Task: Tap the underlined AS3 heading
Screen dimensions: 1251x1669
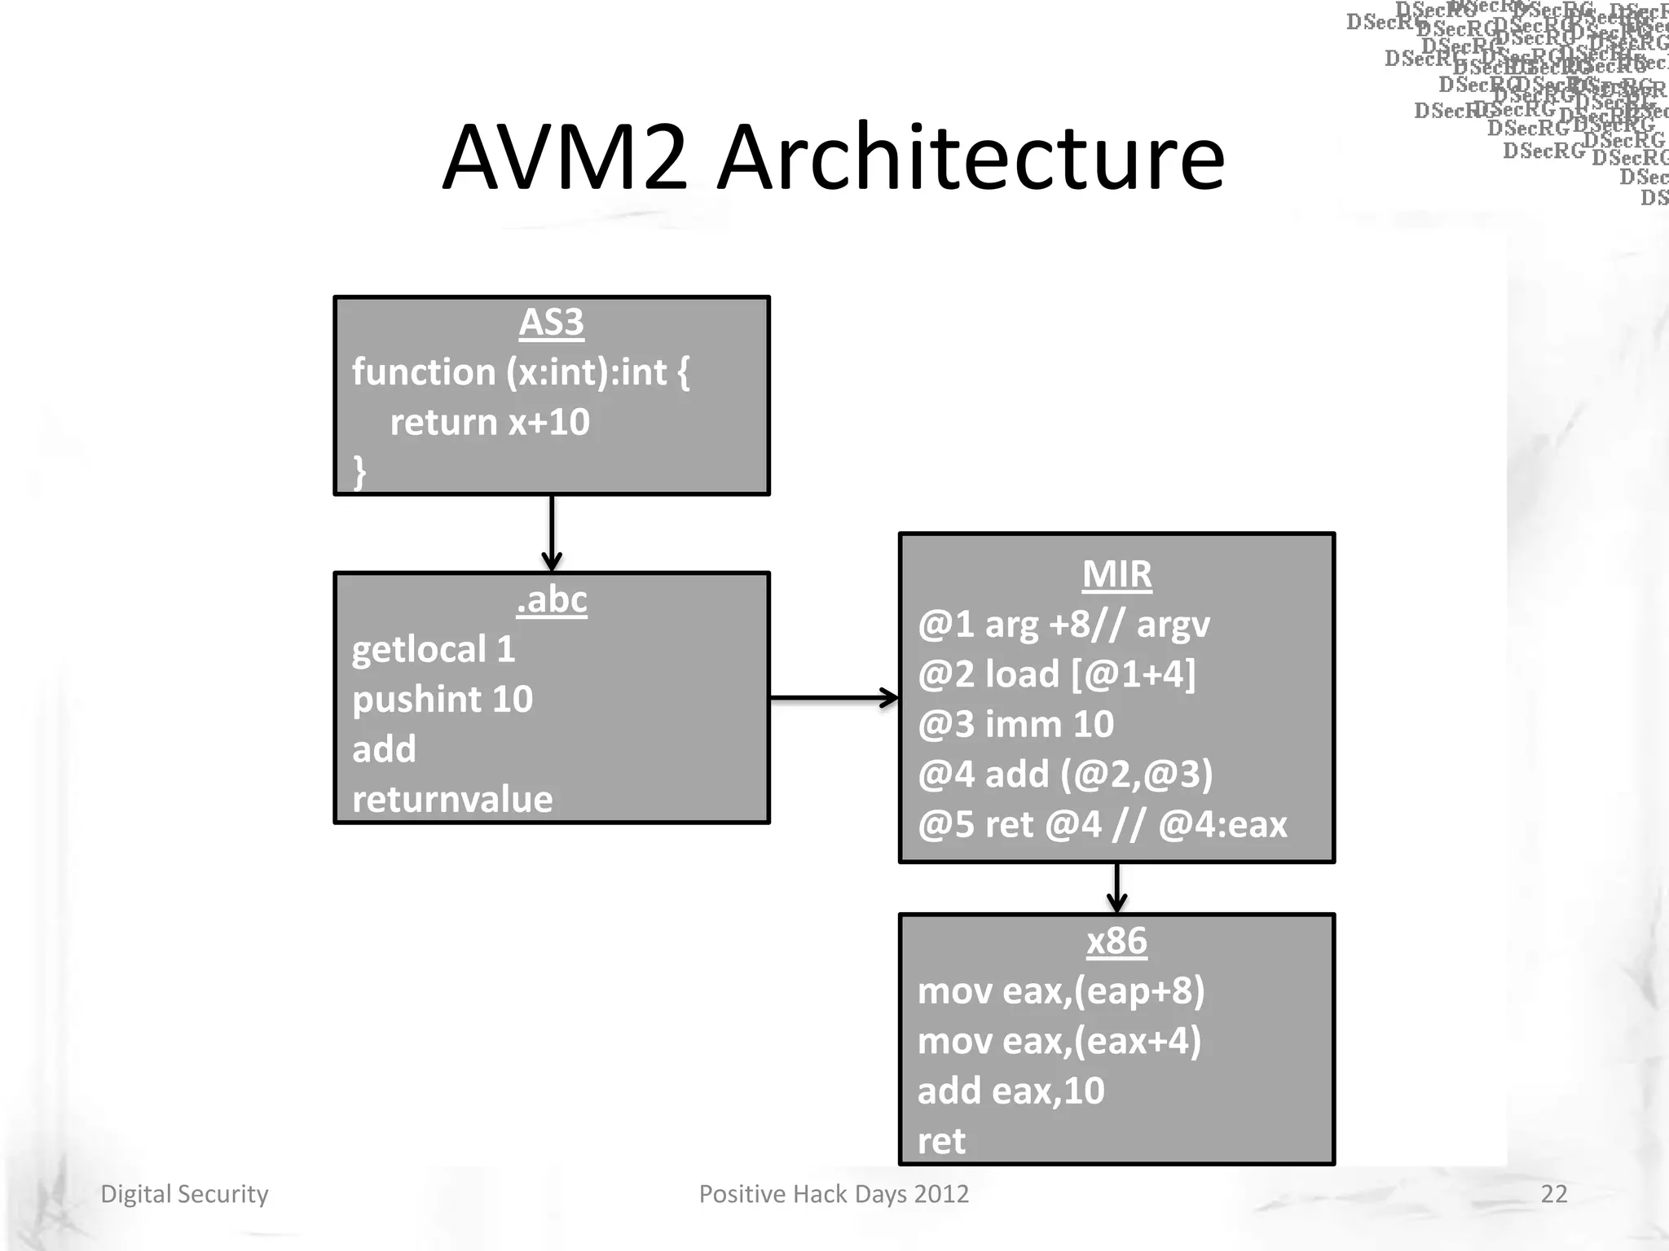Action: click(x=552, y=323)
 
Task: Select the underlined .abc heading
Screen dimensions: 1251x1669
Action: click(x=552, y=600)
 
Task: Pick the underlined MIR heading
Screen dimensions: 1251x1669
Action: click(x=1116, y=574)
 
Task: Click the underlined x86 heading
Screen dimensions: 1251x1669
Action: click(x=1116, y=942)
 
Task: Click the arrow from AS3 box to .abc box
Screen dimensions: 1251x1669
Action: click(x=552, y=533)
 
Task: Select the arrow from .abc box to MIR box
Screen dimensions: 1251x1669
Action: click(x=834, y=698)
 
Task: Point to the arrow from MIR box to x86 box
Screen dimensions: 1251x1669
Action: click(x=1116, y=888)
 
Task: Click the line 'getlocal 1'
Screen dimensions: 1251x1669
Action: click(x=434, y=650)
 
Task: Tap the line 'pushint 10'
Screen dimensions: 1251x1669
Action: click(x=443, y=700)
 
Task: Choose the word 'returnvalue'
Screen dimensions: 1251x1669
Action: click(x=452, y=800)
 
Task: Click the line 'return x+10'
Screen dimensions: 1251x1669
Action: click(x=489, y=423)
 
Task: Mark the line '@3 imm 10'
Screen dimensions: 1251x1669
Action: click(x=1015, y=724)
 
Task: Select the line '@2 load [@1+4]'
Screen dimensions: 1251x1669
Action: click(x=1056, y=674)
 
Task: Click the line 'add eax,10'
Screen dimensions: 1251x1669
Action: click(x=1011, y=1091)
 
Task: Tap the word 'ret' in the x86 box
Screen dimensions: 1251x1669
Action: click(x=941, y=1141)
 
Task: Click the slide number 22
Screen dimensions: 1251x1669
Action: click(x=1553, y=1194)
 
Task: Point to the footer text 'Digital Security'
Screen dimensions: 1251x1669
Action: click(x=184, y=1194)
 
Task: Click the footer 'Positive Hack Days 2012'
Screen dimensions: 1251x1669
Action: click(x=834, y=1194)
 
